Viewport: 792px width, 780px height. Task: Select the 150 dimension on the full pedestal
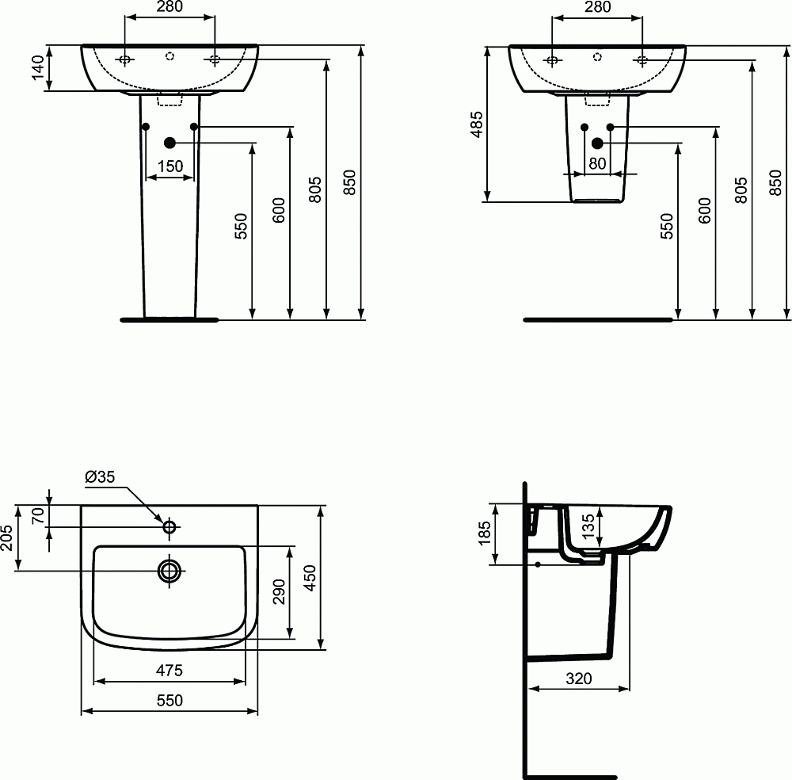[x=170, y=166]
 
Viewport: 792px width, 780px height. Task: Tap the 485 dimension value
[x=476, y=124]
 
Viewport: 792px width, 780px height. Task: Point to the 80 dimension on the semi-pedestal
[x=597, y=163]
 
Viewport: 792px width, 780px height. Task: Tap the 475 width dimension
[x=169, y=670]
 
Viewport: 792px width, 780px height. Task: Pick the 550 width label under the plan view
[x=169, y=700]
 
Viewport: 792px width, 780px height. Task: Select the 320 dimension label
[x=579, y=679]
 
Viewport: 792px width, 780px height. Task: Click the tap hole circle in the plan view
[x=169, y=526]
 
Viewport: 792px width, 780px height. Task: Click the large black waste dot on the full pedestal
[x=169, y=143]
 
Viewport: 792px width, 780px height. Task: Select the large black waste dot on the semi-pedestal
[x=597, y=143]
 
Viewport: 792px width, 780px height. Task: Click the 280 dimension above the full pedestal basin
[x=169, y=7]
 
